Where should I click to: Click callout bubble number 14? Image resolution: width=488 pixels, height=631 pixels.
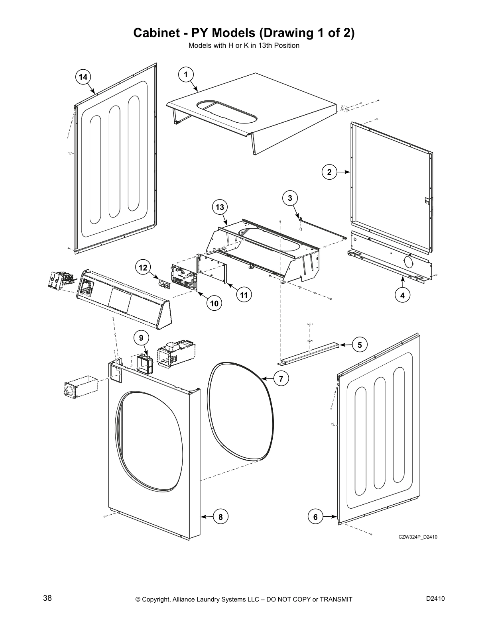pos(83,77)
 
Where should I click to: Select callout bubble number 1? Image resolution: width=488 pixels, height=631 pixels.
pos(186,74)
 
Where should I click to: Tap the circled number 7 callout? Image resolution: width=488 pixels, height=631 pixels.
pos(281,379)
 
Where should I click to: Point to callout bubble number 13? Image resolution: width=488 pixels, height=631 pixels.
pos(220,207)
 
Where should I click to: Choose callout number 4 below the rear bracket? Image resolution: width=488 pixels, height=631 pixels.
pos(403,296)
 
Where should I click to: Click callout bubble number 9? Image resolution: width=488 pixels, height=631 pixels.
pos(141,338)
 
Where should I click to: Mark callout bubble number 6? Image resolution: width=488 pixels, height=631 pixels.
pos(315,517)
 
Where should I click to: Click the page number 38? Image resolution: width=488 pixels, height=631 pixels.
pos(47,598)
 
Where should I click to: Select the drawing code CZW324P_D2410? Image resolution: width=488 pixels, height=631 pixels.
pos(418,537)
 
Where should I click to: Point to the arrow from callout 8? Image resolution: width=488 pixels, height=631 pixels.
pos(207,517)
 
